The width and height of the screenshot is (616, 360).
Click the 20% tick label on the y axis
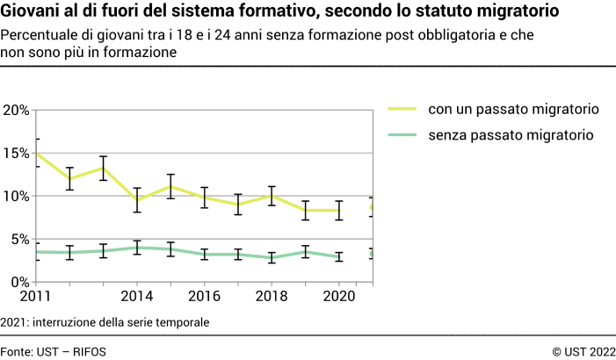pyautogui.click(x=16, y=110)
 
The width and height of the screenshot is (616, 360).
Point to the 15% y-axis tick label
pyautogui.click(x=16, y=153)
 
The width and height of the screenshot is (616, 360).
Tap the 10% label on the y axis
pyautogui.click(x=16, y=196)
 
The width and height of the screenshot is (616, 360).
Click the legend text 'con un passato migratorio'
pyautogui.click(x=513, y=110)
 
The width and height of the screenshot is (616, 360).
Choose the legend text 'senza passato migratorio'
pyautogui.click(x=511, y=135)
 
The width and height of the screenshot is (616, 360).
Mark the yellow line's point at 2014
pyautogui.click(x=136, y=200)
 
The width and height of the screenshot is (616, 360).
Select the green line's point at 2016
pyautogui.click(x=204, y=255)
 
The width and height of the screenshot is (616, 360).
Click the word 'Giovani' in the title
pyautogui.click(x=33, y=12)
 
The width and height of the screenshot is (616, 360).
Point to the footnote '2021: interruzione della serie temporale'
pyautogui.click(x=105, y=322)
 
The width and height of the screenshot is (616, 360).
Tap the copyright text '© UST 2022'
pyautogui.click(x=583, y=351)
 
